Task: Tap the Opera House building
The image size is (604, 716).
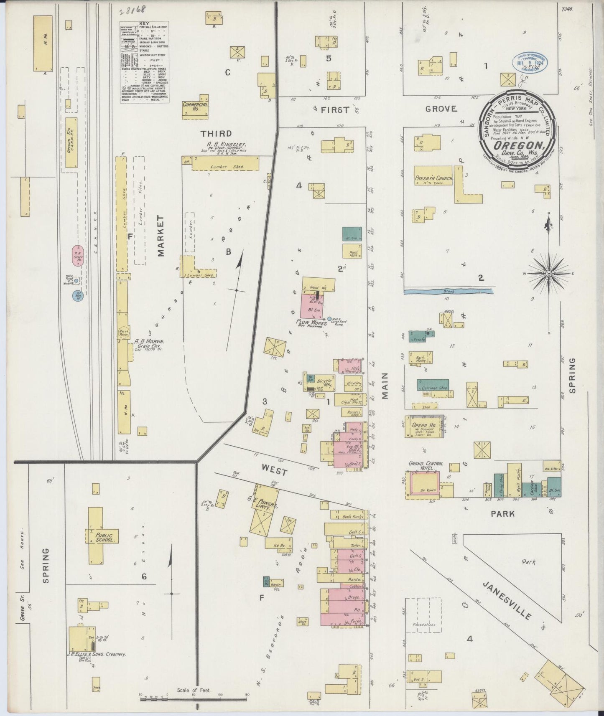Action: (418, 427)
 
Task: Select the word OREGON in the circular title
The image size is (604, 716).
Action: (519, 146)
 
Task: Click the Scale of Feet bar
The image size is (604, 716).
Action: (194, 696)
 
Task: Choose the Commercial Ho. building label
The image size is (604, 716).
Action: (195, 107)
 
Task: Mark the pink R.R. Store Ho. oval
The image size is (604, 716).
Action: (78, 256)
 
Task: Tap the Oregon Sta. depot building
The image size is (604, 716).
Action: (71, 142)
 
